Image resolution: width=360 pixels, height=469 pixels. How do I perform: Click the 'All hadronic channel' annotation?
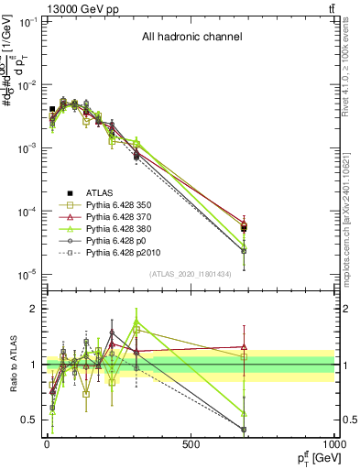point(191,38)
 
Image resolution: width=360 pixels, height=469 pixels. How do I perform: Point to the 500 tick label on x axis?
point(191,444)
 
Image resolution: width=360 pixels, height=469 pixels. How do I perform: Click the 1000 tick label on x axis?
point(332,444)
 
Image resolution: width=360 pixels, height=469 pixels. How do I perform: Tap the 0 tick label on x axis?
point(48,444)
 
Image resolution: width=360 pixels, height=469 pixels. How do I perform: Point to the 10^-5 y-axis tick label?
point(24,274)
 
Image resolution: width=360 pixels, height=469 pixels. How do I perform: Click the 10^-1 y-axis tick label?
point(24,21)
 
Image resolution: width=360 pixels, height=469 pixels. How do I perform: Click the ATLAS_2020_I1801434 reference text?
point(191,274)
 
